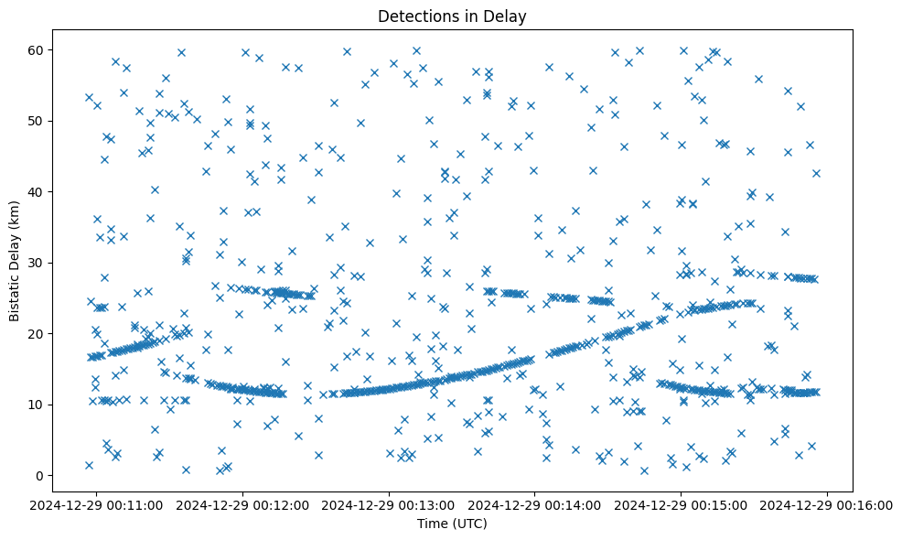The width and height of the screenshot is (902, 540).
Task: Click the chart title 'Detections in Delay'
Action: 452,16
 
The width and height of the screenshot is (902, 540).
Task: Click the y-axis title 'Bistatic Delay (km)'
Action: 16,261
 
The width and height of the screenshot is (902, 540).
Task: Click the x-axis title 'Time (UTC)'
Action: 452,524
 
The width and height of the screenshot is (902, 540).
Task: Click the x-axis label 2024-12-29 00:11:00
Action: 98,504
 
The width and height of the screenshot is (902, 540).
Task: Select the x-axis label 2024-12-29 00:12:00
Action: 244,504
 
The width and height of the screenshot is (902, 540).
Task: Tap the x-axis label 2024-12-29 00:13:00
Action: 390,504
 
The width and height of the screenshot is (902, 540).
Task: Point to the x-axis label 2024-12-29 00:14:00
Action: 536,504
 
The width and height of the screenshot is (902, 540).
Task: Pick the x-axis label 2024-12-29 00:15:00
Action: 682,504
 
